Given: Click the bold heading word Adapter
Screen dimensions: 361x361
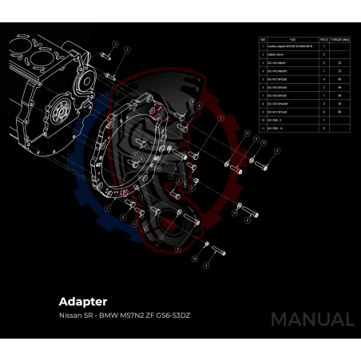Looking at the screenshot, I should pos(83,302).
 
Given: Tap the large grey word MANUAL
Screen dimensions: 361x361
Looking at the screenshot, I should pos(311,319).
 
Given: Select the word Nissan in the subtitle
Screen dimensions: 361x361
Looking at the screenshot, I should pos(69,315).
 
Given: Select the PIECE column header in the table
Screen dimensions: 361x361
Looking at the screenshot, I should pos(324,38).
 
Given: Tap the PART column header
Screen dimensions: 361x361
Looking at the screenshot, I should pos(293,38).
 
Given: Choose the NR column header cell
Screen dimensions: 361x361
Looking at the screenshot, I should pos(263,38).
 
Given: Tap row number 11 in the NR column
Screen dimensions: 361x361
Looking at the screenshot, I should pos(263,128).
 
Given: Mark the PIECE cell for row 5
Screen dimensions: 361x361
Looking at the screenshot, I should pos(324,79).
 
